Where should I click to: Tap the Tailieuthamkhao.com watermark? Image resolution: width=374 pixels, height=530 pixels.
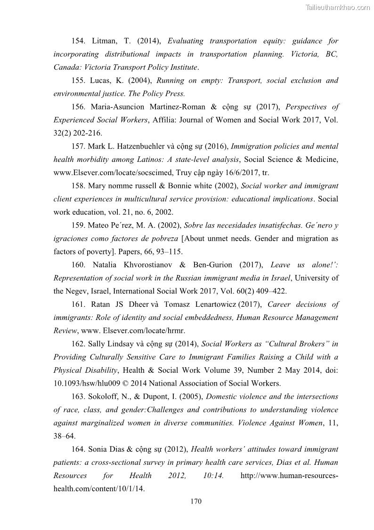[x=338, y=7]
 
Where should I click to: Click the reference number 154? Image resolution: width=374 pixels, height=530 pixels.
[x=78, y=41]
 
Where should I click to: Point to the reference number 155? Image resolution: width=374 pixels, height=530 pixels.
[x=78, y=80]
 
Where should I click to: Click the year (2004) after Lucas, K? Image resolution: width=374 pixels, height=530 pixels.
[x=139, y=80]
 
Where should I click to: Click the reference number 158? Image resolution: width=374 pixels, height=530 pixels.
[x=78, y=186]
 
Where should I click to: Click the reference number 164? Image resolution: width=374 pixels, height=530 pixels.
[x=78, y=449]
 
